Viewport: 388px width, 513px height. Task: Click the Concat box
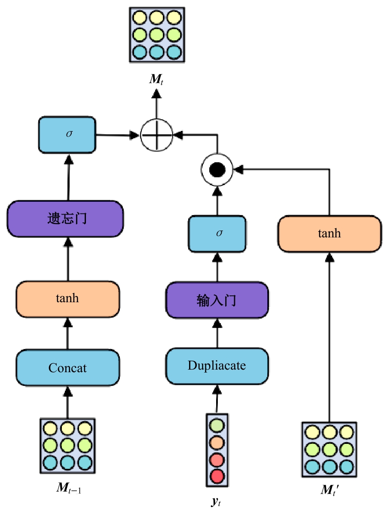point(67,368)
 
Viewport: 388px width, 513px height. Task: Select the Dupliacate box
point(217,366)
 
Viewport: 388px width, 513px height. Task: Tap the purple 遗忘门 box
point(66,219)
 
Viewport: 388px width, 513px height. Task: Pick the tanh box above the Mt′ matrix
point(329,234)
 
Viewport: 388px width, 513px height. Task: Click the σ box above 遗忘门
point(67,134)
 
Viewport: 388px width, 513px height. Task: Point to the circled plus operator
point(156,135)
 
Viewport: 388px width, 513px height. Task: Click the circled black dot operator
point(217,170)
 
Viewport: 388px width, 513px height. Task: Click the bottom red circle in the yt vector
point(217,476)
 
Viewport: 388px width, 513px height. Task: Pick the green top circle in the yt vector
point(217,425)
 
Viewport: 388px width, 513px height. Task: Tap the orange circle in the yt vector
point(217,442)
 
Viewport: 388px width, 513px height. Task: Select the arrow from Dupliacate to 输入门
point(217,333)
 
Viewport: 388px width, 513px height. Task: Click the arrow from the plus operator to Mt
point(156,105)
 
